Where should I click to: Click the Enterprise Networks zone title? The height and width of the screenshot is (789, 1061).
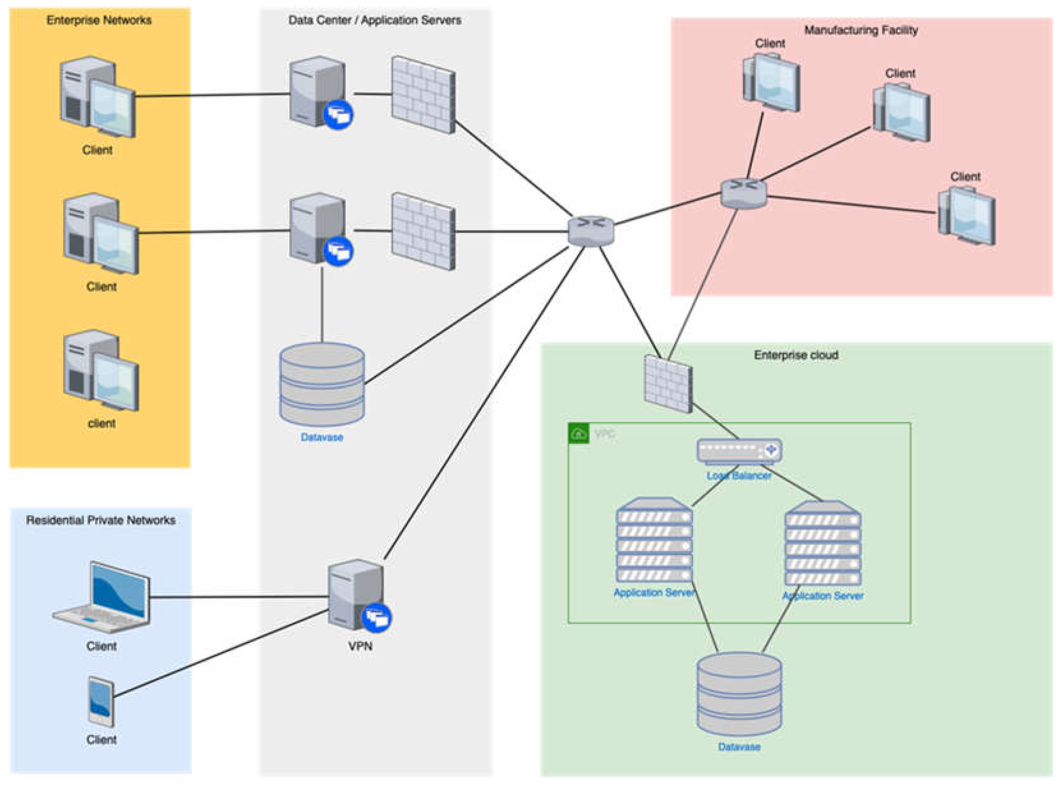99,20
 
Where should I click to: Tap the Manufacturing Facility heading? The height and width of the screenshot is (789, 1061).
860,30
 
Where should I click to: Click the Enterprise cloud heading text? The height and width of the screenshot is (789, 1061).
796,355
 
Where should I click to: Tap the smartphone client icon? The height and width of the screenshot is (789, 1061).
101,701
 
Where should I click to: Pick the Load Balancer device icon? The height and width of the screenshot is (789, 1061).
739,451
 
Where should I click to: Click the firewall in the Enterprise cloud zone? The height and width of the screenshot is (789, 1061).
668,384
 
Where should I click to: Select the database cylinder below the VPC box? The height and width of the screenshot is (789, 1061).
739,695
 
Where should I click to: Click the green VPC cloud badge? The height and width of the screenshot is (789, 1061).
579,433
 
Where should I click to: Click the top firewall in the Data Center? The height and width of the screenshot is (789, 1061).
423,94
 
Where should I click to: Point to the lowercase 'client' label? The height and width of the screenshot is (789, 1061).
101,423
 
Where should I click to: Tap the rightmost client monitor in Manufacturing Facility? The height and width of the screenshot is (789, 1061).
967,216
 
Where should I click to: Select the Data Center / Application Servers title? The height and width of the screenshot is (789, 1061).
375,20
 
